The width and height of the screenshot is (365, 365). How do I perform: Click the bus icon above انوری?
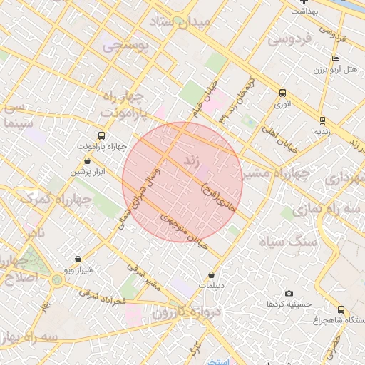[283, 93]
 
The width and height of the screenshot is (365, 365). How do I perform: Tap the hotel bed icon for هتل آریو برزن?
[336, 58]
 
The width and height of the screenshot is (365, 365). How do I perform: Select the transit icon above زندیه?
[322, 120]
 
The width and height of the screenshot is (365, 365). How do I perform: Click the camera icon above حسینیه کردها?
[289, 293]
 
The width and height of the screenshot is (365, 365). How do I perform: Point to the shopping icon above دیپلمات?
[211, 274]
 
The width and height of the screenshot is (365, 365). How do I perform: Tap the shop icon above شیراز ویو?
[78, 259]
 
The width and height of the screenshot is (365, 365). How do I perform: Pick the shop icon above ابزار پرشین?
[87, 161]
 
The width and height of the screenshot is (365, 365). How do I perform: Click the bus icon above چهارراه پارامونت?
[101, 135]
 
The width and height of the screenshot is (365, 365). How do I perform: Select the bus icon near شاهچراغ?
[341, 309]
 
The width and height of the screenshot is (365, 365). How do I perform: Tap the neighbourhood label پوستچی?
[125, 47]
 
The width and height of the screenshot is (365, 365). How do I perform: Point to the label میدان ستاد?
[181, 22]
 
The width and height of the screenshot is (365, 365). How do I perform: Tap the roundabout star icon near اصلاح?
[57, 278]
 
